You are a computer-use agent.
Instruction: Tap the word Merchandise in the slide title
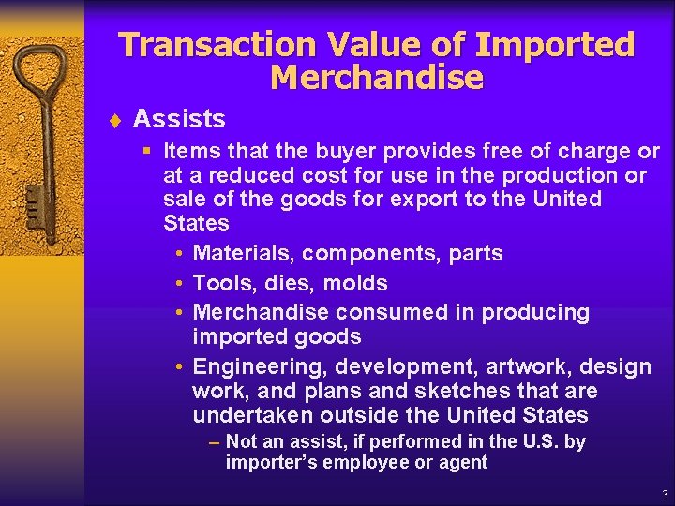point(376,78)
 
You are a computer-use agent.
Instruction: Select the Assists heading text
point(179,119)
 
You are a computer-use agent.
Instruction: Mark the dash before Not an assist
point(215,442)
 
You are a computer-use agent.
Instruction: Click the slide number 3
point(665,495)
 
